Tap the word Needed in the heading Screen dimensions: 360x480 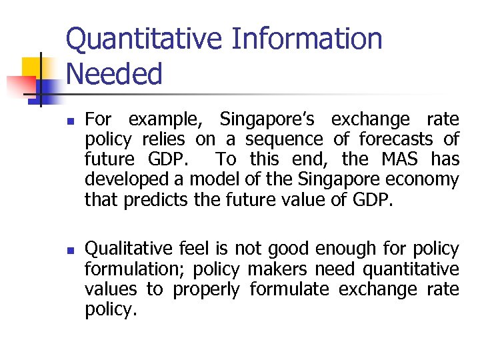click(114, 74)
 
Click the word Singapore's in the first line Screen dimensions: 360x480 click(270, 120)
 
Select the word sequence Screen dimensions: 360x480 click(283, 140)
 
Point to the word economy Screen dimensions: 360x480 click(425, 180)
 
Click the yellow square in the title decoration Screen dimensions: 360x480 click(33, 68)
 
